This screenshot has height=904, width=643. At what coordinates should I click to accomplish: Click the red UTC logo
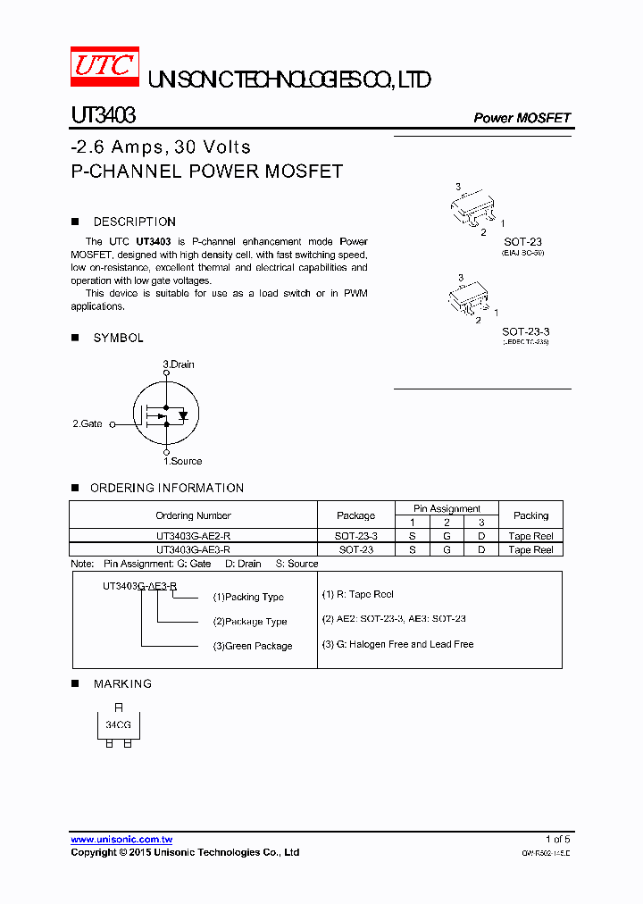point(104,67)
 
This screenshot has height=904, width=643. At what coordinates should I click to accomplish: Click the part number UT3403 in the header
point(103,116)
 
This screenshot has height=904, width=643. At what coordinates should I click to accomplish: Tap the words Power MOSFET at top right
point(522,118)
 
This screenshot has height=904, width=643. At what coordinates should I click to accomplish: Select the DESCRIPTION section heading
point(134,222)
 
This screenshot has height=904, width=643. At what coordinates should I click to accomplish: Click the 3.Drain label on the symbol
point(179,364)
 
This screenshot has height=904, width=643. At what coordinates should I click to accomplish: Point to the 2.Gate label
point(88,423)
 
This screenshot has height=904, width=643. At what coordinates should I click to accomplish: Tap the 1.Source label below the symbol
point(182,461)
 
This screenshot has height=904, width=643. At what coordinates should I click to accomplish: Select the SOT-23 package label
point(522,242)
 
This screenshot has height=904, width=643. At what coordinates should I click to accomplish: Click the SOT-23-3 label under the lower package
point(524,331)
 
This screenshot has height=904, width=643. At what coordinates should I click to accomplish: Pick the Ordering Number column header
point(193,515)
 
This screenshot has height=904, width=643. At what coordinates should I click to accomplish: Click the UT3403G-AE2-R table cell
point(193,536)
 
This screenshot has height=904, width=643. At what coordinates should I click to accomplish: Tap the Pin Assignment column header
point(447,508)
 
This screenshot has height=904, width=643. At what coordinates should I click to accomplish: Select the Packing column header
point(530,515)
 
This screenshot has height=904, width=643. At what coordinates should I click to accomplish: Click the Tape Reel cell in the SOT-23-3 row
point(530,536)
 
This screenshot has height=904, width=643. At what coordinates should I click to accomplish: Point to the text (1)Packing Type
point(248,597)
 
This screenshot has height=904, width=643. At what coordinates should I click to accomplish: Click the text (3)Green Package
point(253,646)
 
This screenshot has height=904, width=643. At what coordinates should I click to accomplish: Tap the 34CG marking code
point(118,725)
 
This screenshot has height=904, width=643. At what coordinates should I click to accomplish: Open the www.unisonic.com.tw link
point(121,839)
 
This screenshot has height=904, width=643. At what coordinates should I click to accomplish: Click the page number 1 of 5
point(557,839)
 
